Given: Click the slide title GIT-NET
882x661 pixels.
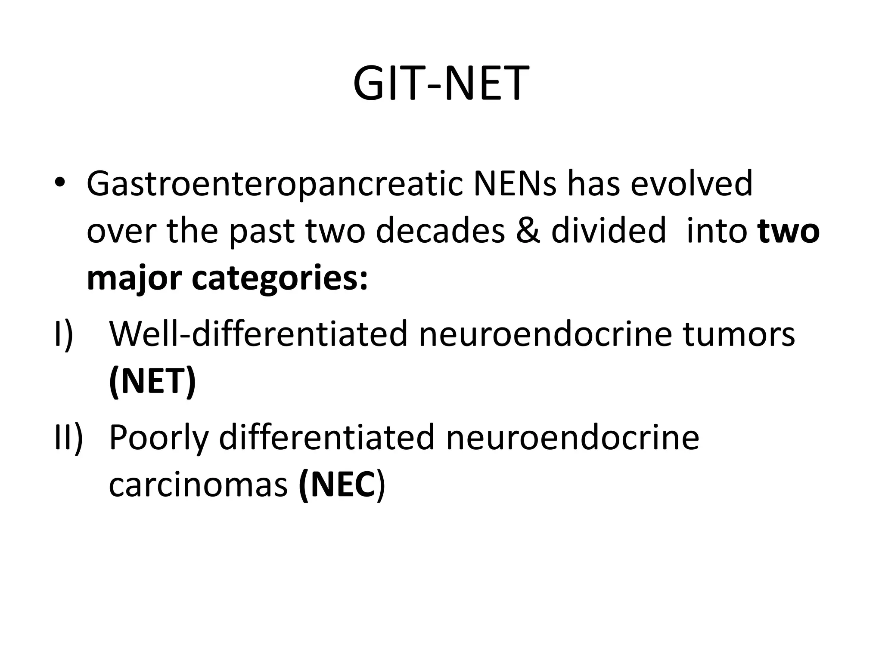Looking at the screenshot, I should click(x=441, y=84).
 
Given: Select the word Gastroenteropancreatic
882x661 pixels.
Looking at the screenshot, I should click(x=273, y=184).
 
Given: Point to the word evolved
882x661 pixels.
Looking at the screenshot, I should click(x=692, y=183).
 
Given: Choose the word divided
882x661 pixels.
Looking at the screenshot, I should click(x=609, y=231).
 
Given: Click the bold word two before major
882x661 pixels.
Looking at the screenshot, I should click(x=789, y=231).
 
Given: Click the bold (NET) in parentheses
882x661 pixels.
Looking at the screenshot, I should click(x=153, y=382).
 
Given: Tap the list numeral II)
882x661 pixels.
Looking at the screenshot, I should click(x=68, y=438).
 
